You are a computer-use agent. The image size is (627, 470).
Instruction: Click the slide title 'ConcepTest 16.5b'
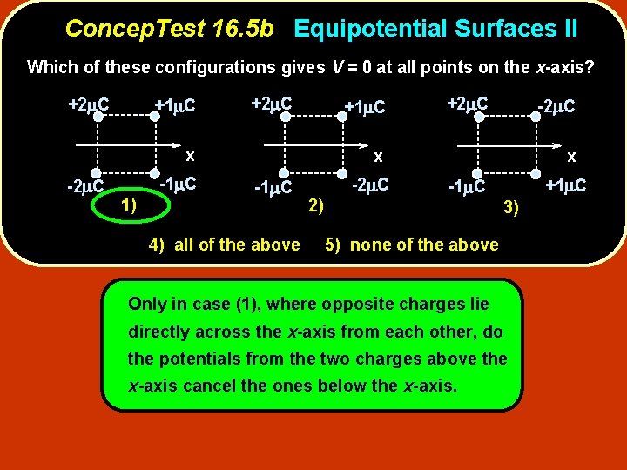[x=170, y=29]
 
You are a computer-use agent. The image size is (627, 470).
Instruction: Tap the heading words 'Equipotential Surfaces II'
[x=435, y=29]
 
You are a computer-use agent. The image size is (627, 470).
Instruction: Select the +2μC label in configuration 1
[x=88, y=105]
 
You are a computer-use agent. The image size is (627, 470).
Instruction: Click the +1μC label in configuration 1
[x=174, y=106]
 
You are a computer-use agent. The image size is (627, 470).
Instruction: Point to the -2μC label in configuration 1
[x=86, y=186]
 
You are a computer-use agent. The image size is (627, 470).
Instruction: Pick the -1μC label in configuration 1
[x=179, y=184]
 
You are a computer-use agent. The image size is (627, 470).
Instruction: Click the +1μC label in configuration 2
[x=365, y=107]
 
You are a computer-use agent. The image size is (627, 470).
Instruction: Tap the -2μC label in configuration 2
[x=369, y=185]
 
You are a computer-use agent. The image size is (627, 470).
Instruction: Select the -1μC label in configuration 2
[x=272, y=187]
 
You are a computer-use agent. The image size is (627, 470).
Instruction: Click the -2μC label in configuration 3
[x=555, y=106]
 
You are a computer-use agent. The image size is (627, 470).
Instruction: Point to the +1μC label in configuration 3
[x=565, y=185]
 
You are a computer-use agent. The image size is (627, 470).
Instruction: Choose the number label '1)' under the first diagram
[x=128, y=205]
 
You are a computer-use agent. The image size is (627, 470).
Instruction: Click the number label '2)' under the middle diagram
[x=317, y=205]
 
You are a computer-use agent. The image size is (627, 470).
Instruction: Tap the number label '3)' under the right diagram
[x=511, y=206]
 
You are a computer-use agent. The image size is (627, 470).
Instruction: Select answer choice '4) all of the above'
[x=224, y=245]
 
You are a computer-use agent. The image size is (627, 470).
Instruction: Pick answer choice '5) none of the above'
[x=411, y=245]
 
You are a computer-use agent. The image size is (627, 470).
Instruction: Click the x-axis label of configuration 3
[x=571, y=157]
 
